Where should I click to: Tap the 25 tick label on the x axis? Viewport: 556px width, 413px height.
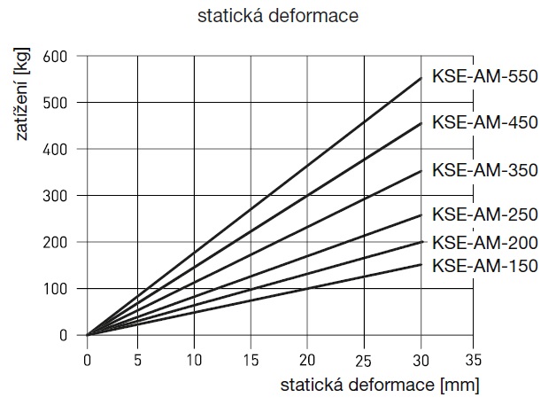click(363, 359)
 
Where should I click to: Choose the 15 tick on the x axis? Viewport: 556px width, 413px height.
click(252, 359)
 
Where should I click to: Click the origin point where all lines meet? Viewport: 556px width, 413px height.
click(88, 335)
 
